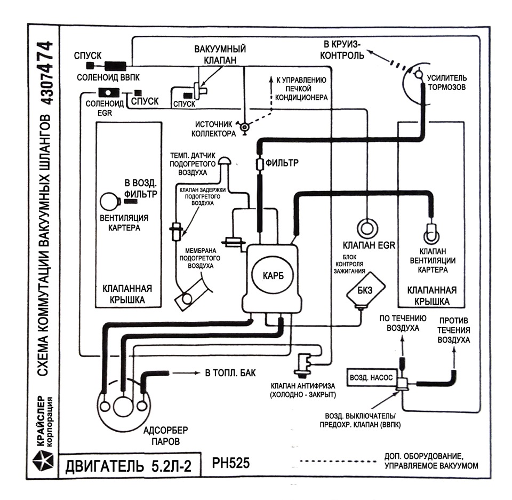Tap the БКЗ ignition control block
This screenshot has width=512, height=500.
click(x=365, y=290)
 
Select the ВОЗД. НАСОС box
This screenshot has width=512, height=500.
click(x=372, y=378)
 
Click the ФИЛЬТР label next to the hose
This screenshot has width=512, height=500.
click(x=282, y=162)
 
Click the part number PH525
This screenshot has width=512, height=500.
click(x=231, y=463)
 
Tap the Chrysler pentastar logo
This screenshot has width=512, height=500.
click(x=43, y=460)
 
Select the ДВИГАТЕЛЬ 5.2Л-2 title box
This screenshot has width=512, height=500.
click(x=129, y=465)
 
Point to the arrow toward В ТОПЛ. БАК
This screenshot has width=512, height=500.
click(x=186, y=373)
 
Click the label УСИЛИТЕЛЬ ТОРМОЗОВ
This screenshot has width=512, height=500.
click(x=447, y=83)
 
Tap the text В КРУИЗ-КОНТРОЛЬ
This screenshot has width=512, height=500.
click(x=342, y=50)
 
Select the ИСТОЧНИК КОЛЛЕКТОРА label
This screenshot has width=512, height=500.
click(x=213, y=129)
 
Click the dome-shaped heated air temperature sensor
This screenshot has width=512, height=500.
click(x=225, y=161)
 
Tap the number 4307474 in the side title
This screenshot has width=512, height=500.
click(x=45, y=73)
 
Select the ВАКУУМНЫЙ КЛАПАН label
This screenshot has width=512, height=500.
click(x=220, y=54)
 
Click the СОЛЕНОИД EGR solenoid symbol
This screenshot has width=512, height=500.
click(x=109, y=93)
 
